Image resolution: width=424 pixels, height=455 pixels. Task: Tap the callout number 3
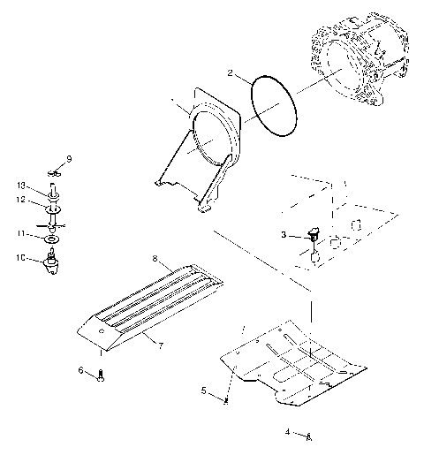pos(284,236)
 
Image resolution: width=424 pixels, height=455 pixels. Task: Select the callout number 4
pos(287,431)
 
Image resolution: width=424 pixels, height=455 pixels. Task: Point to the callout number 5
pos(204,390)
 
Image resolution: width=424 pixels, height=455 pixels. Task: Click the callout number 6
pos(80,370)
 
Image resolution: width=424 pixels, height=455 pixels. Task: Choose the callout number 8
pos(155,260)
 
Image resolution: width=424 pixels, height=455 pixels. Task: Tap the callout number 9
pos(69,158)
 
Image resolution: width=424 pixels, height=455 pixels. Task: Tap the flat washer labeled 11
pos(53,238)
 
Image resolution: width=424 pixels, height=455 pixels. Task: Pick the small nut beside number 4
pos(307,436)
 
